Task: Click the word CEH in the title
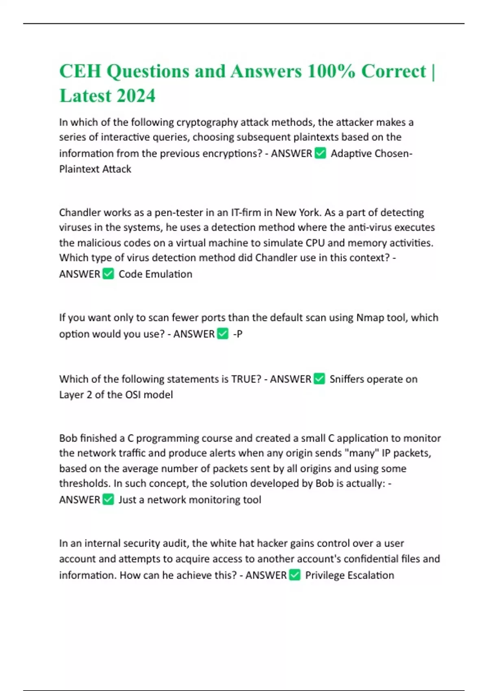(x=80, y=72)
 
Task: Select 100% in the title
(x=331, y=72)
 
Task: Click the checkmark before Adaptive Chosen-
(x=320, y=153)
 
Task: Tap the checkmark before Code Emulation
(x=108, y=274)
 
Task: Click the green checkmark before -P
(x=223, y=334)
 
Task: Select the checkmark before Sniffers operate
(x=320, y=379)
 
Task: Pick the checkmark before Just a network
(x=108, y=500)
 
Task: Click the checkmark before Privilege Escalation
(x=295, y=575)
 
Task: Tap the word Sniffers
(x=346, y=379)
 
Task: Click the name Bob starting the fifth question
(x=68, y=438)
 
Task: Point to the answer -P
(x=237, y=334)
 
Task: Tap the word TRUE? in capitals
(x=246, y=379)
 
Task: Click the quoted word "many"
(x=362, y=453)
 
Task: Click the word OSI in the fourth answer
(x=133, y=395)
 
